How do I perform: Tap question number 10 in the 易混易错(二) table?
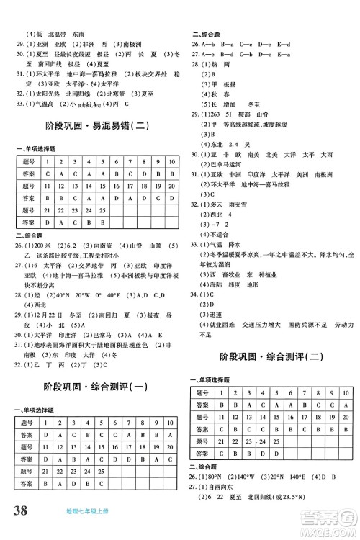pyautogui.click(x=171, y=162)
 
